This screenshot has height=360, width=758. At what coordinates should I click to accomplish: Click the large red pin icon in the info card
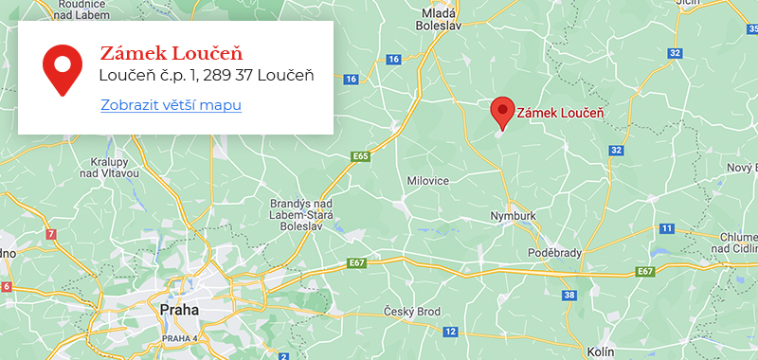(x=62, y=69)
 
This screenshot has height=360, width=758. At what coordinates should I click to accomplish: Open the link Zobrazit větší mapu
(x=171, y=104)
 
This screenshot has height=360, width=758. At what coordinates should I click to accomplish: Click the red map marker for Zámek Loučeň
(x=503, y=112)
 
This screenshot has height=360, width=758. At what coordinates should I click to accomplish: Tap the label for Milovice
(x=427, y=180)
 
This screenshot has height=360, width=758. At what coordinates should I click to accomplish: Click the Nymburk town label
(x=513, y=216)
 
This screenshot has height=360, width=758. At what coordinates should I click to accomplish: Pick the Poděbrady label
(x=554, y=255)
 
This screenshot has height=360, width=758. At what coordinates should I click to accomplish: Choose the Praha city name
(x=179, y=310)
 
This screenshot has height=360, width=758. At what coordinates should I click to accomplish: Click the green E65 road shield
(x=358, y=155)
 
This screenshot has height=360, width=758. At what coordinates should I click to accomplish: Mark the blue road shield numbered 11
(x=666, y=228)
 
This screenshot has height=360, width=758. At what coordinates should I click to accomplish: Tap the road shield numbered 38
(x=568, y=296)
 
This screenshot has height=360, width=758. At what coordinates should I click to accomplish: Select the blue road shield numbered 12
(x=451, y=332)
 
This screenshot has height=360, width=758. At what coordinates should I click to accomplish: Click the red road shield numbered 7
(x=50, y=233)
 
